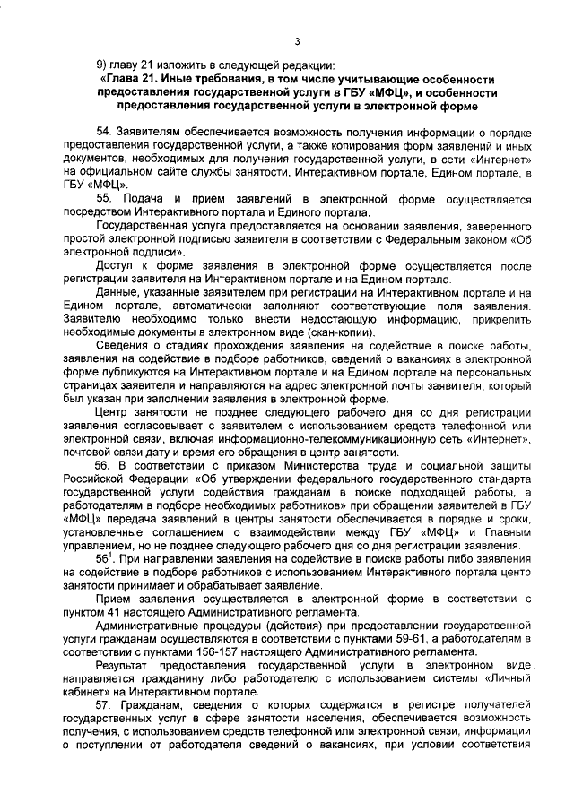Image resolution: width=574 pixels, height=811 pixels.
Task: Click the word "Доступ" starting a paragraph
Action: (116, 266)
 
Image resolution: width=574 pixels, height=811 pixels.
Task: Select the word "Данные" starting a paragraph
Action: (117, 292)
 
